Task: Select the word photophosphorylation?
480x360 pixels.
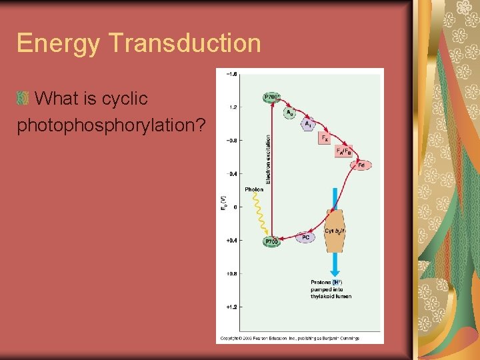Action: [110, 125]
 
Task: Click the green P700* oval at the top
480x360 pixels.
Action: [272, 97]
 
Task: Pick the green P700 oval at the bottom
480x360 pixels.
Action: [271, 241]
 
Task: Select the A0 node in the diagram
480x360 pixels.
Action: [290, 113]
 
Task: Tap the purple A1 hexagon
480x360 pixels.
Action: [307, 124]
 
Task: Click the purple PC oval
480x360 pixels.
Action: [305, 237]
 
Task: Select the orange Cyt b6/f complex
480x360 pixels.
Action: [334, 231]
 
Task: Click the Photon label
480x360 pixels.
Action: [254, 189]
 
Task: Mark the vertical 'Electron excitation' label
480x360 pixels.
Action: [268, 160]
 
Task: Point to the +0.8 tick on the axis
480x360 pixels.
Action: [231, 273]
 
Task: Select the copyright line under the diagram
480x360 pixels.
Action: [289, 339]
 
